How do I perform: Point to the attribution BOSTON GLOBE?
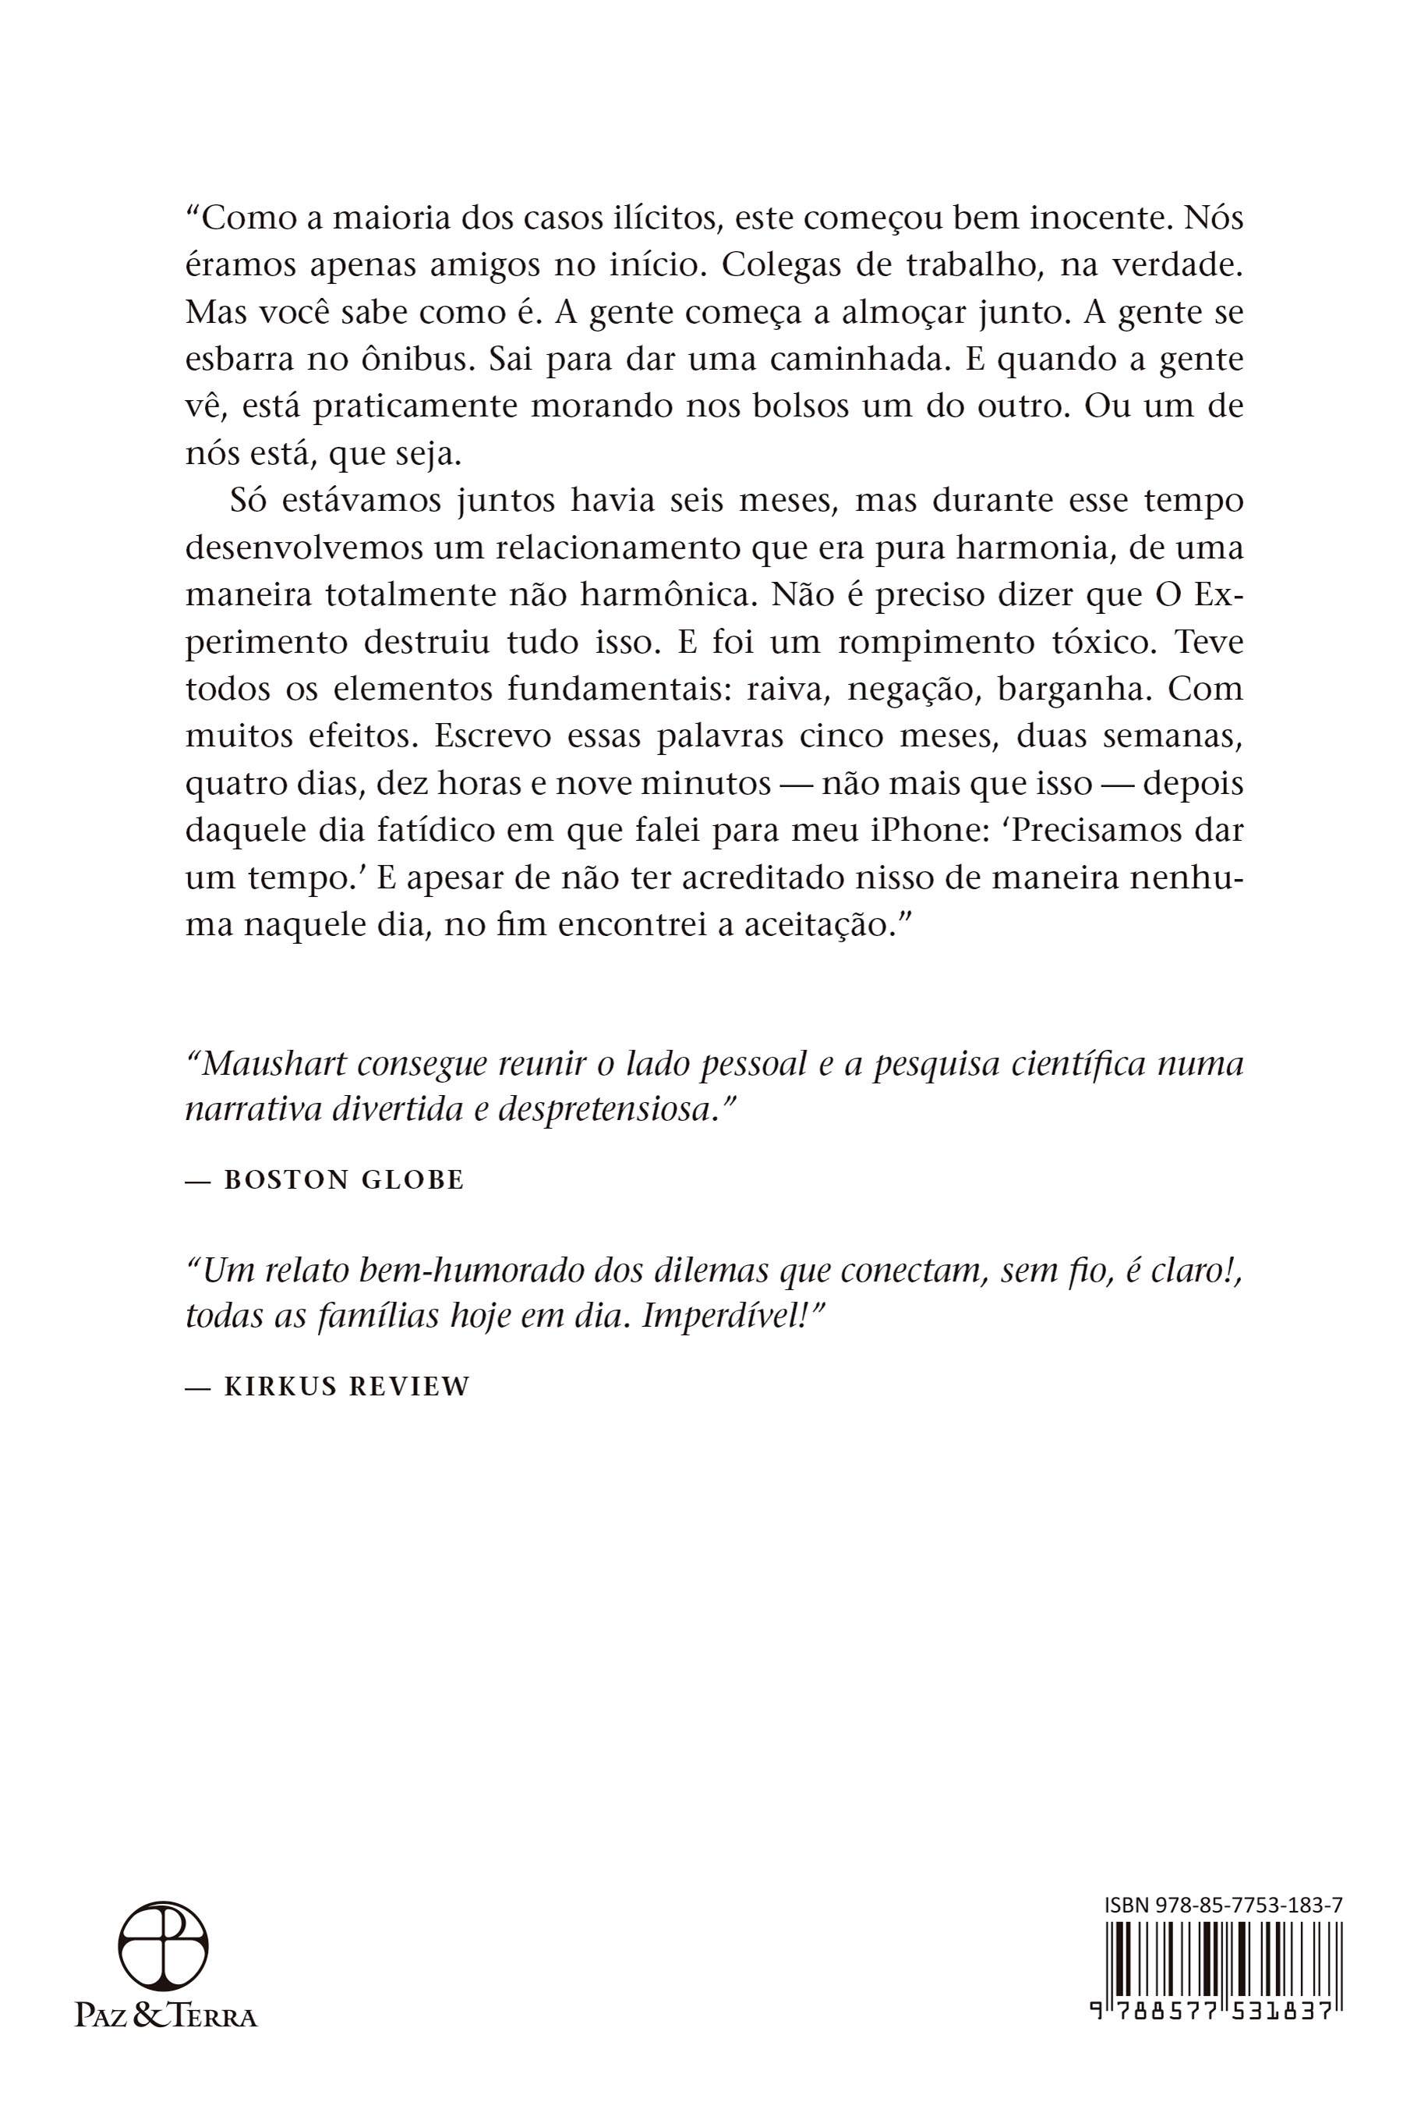point(343,1180)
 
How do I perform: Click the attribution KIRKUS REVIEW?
point(346,1387)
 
